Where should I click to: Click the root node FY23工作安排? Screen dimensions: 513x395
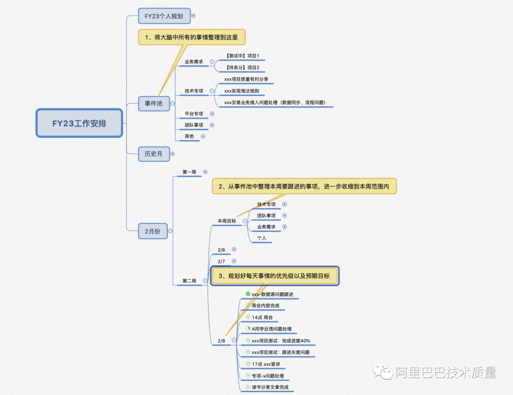tap(79, 123)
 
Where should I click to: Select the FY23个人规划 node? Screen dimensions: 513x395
tap(164, 16)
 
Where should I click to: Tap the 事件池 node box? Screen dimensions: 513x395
tap(154, 104)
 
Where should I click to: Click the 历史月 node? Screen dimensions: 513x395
tap(154, 154)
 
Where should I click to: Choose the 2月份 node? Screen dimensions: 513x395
tap(153, 231)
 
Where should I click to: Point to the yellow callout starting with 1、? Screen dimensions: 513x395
tap(191, 38)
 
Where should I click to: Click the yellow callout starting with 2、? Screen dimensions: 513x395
tap(304, 186)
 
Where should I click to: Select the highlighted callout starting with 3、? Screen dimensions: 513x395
tap(274, 276)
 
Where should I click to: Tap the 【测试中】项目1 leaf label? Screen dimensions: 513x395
tap(242, 56)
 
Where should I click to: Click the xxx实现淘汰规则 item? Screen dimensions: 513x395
tap(242, 91)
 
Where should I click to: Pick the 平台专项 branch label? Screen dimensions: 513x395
tap(194, 114)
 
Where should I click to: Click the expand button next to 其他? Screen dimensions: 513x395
tap(203, 136)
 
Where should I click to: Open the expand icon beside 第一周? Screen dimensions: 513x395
tap(205, 172)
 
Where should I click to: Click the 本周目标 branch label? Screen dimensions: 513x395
tap(227, 221)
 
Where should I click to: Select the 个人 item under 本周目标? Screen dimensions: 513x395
tap(262, 238)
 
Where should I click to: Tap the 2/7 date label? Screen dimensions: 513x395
tap(221, 261)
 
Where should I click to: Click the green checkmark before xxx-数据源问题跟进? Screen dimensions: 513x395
tap(248, 294)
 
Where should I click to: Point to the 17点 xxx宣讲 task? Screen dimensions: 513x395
tap(266, 364)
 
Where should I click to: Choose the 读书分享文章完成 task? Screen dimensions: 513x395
tap(270, 387)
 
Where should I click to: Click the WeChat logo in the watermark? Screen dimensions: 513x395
tap(383, 372)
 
